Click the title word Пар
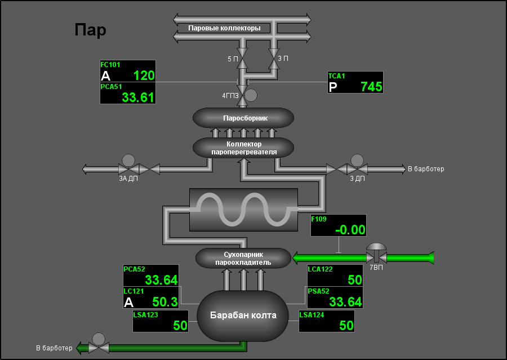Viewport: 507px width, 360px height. tap(90, 30)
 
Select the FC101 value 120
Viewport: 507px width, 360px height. tap(144, 75)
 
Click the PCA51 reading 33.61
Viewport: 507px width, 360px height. tap(138, 97)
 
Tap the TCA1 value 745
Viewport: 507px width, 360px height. tap(372, 87)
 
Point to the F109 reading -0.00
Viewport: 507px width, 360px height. tap(350, 230)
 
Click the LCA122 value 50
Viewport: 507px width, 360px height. tap(355, 280)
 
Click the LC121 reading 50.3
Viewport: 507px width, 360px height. tap(165, 302)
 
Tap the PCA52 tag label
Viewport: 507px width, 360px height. tap(134, 269)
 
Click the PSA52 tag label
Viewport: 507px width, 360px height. tap(318, 291)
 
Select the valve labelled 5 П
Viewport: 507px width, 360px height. tap(242, 58)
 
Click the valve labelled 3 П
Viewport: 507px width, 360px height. tap(274, 58)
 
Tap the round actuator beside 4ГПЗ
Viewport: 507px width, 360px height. tap(251, 95)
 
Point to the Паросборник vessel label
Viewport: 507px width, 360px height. tap(246, 118)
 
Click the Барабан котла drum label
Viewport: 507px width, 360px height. tap(243, 315)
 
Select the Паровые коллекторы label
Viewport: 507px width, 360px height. tap(224, 28)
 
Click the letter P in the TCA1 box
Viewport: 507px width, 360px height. tap(333, 87)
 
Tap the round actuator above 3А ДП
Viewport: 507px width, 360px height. tap(128, 161)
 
